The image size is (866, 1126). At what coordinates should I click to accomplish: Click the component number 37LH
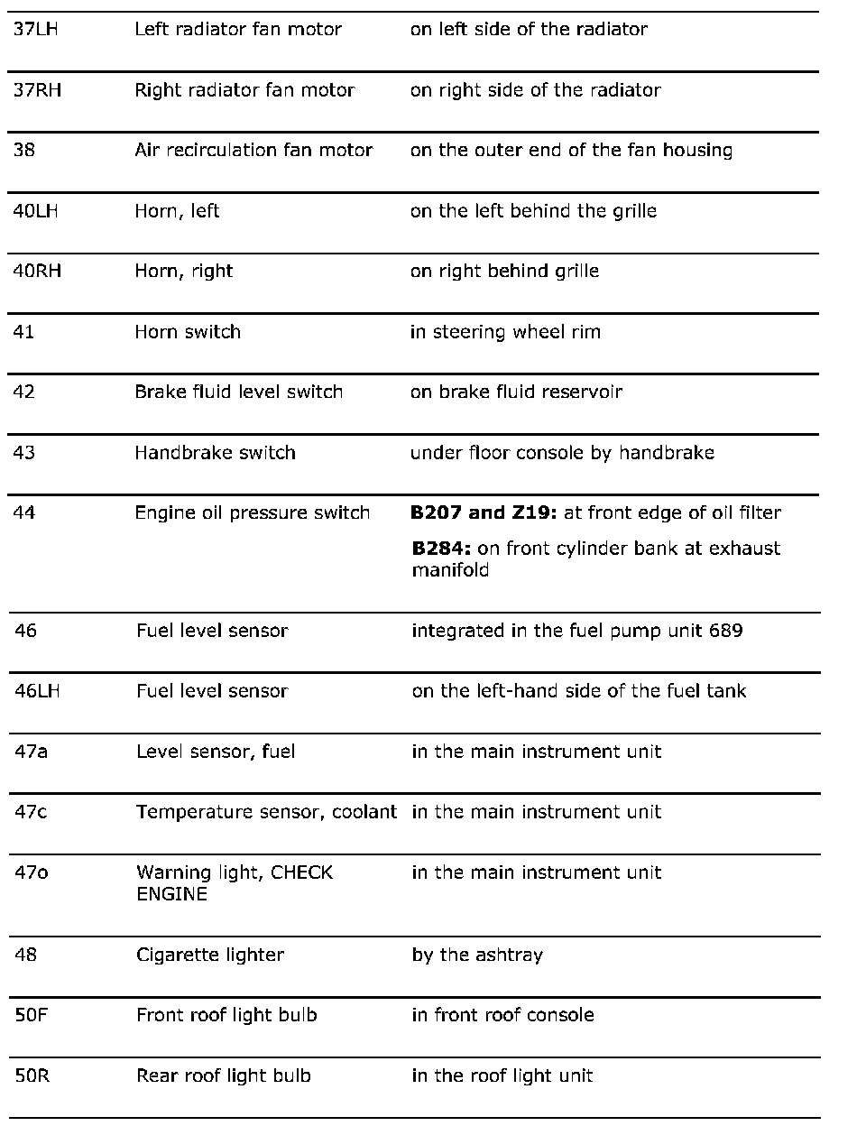tap(35, 29)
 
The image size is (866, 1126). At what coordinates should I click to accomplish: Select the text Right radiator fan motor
tap(244, 90)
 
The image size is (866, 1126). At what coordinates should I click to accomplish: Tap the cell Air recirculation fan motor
tap(253, 151)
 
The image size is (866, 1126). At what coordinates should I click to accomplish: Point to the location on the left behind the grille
tap(533, 211)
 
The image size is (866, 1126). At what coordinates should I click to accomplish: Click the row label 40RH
tap(37, 272)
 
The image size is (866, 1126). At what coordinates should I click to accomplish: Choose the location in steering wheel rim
tap(505, 332)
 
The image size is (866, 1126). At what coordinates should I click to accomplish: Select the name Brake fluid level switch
tap(238, 392)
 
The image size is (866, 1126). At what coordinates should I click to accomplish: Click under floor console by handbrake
tap(562, 453)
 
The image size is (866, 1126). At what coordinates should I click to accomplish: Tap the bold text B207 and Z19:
tap(484, 513)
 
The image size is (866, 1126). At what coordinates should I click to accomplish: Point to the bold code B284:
tap(441, 549)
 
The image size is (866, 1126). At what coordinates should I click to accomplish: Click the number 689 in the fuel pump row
tap(726, 631)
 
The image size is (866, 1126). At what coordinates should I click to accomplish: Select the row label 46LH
tap(38, 691)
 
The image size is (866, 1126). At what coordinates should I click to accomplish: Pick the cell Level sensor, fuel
tap(216, 752)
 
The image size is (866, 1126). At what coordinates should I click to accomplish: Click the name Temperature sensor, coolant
tap(266, 812)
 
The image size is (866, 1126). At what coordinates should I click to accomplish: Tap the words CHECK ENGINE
tap(235, 883)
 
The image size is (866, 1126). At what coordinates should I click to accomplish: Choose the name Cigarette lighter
tap(209, 955)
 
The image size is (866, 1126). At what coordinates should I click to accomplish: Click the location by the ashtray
tap(477, 955)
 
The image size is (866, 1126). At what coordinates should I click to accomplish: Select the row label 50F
tap(32, 1015)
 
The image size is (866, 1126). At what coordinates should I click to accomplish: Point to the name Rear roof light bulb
tap(223, 1075)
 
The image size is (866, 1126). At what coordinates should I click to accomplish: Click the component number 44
tap(24, 513)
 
